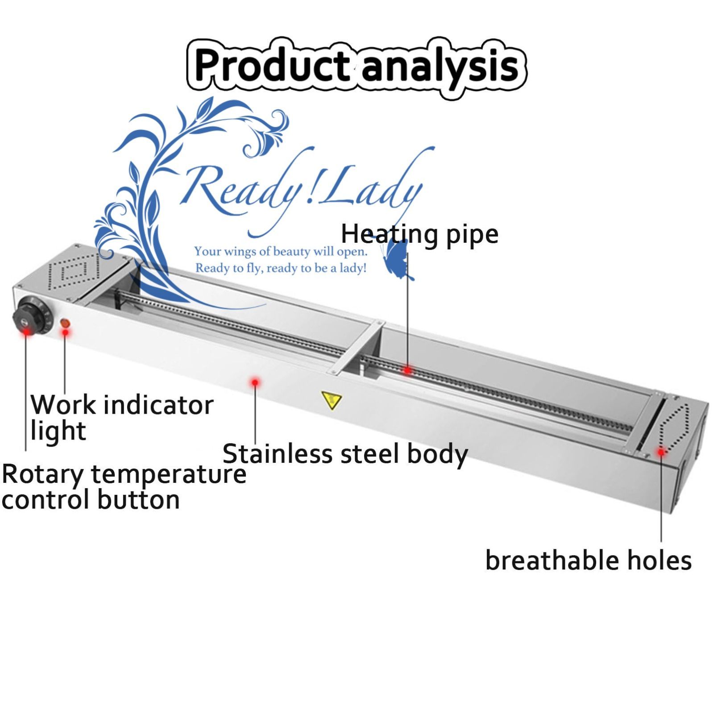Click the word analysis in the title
(440, 67)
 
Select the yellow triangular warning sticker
(332, 399)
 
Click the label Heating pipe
(419, 234)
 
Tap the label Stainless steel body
(345, 454)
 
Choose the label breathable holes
(588, 560)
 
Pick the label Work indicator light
(121, 417)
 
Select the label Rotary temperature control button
(124, 486)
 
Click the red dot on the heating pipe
(407, 370)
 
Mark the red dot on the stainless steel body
(255, 382)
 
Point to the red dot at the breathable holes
(661, 452)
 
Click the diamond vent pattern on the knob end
(74, 270)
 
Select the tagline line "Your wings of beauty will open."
(281, 252)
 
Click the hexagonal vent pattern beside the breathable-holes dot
(675, 427)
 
